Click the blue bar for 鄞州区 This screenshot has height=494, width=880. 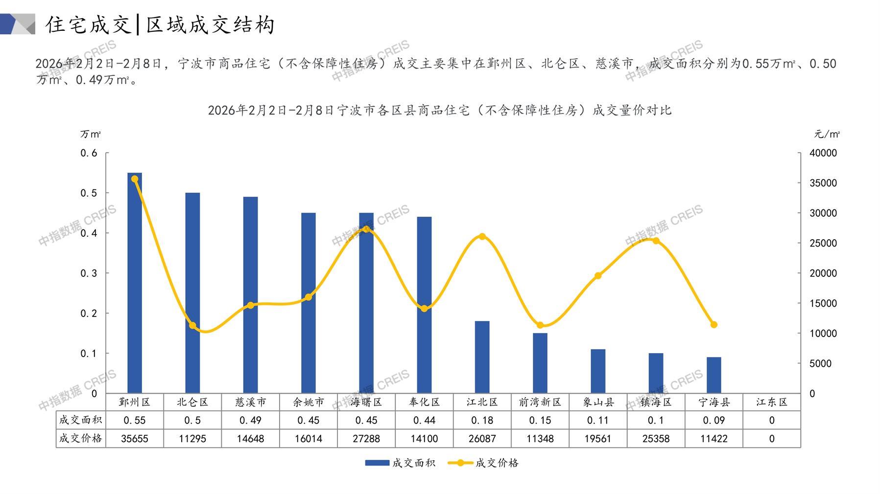(135, 284)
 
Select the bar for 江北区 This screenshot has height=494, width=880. (482, 357)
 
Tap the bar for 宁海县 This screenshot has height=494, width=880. (714, 375)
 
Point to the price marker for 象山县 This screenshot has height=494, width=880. (598, 276)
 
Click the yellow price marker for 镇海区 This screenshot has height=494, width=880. (656, 241)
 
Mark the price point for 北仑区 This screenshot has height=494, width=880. (192, 326)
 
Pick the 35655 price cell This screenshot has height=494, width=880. (135, 439)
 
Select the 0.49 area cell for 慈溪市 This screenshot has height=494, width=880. (250, 420)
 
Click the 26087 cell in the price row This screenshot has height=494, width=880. (482, 439)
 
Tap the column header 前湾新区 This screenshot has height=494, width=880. (540, 402)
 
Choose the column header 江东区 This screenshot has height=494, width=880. (771, 402)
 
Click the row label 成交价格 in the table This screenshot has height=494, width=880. (81, 439)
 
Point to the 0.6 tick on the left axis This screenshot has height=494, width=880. (89, 153)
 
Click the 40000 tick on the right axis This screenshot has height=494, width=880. (823, 153)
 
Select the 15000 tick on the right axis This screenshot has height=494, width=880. (823, 303)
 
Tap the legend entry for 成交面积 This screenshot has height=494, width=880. (401, 463)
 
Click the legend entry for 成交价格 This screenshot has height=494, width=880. (484, 463)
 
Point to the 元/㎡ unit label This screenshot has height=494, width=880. (827, 134)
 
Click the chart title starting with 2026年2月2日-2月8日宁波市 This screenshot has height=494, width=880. (439, 110)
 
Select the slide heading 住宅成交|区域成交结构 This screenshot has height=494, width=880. (160, 24)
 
